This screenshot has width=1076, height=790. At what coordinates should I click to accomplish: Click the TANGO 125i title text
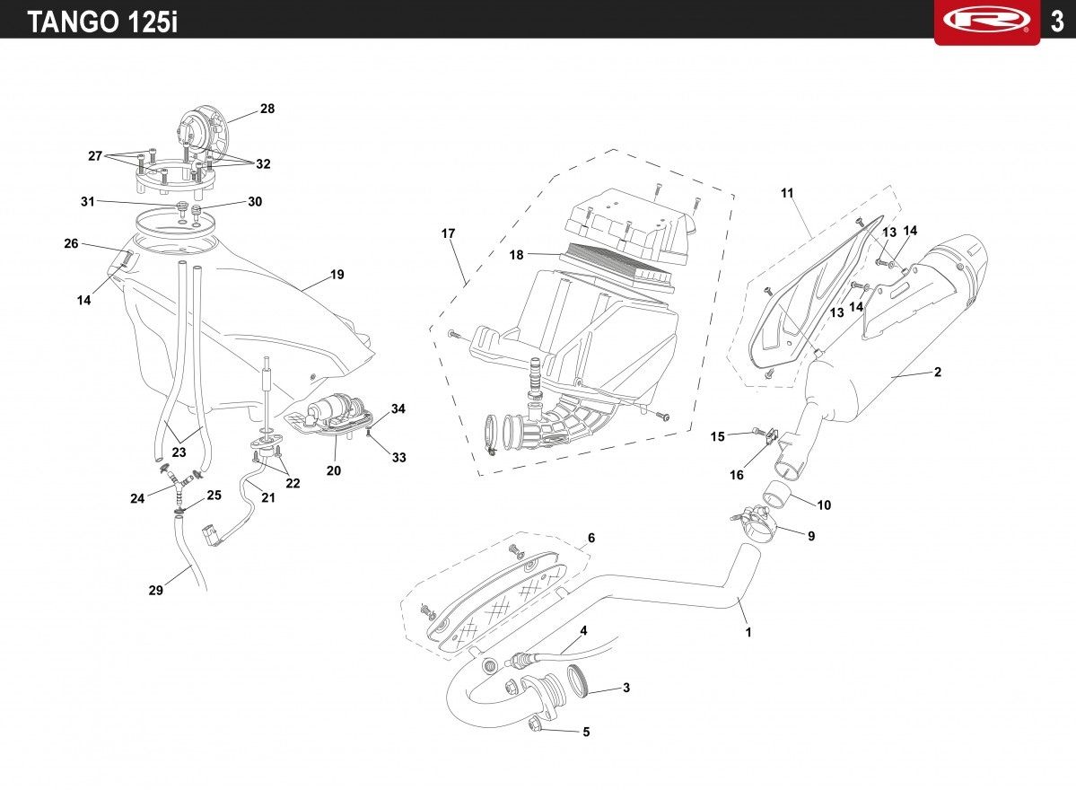[x=102, y=22]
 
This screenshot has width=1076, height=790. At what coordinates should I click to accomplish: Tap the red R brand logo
[x=987, y=20]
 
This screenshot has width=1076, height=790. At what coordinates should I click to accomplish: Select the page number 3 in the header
[x=1057, y=22]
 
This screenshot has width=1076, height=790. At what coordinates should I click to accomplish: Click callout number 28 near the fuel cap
[x=267, y=109]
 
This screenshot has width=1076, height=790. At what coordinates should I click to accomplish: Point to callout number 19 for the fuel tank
[x=337, y=275]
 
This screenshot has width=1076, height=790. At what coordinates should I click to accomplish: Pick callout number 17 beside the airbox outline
[x=448, y=233]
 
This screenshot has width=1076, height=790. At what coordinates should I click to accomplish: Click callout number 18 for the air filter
[x=516, y=255]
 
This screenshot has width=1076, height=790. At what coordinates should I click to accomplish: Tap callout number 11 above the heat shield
[x=787, y=193]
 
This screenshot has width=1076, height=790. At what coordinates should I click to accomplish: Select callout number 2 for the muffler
[x=938, y=372]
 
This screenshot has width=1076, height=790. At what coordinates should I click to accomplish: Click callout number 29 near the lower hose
[x=156, y=591]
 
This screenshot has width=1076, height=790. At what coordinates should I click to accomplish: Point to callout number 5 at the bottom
[x=586, y=732]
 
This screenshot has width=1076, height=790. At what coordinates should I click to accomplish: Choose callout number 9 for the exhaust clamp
[x=811, y=535]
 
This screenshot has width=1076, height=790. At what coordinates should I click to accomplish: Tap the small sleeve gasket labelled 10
[x=777, y=494]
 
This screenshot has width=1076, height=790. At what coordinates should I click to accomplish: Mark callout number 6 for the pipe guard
[x=590, y=538]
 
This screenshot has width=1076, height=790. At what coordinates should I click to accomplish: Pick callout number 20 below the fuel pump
[x=334, y=470]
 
